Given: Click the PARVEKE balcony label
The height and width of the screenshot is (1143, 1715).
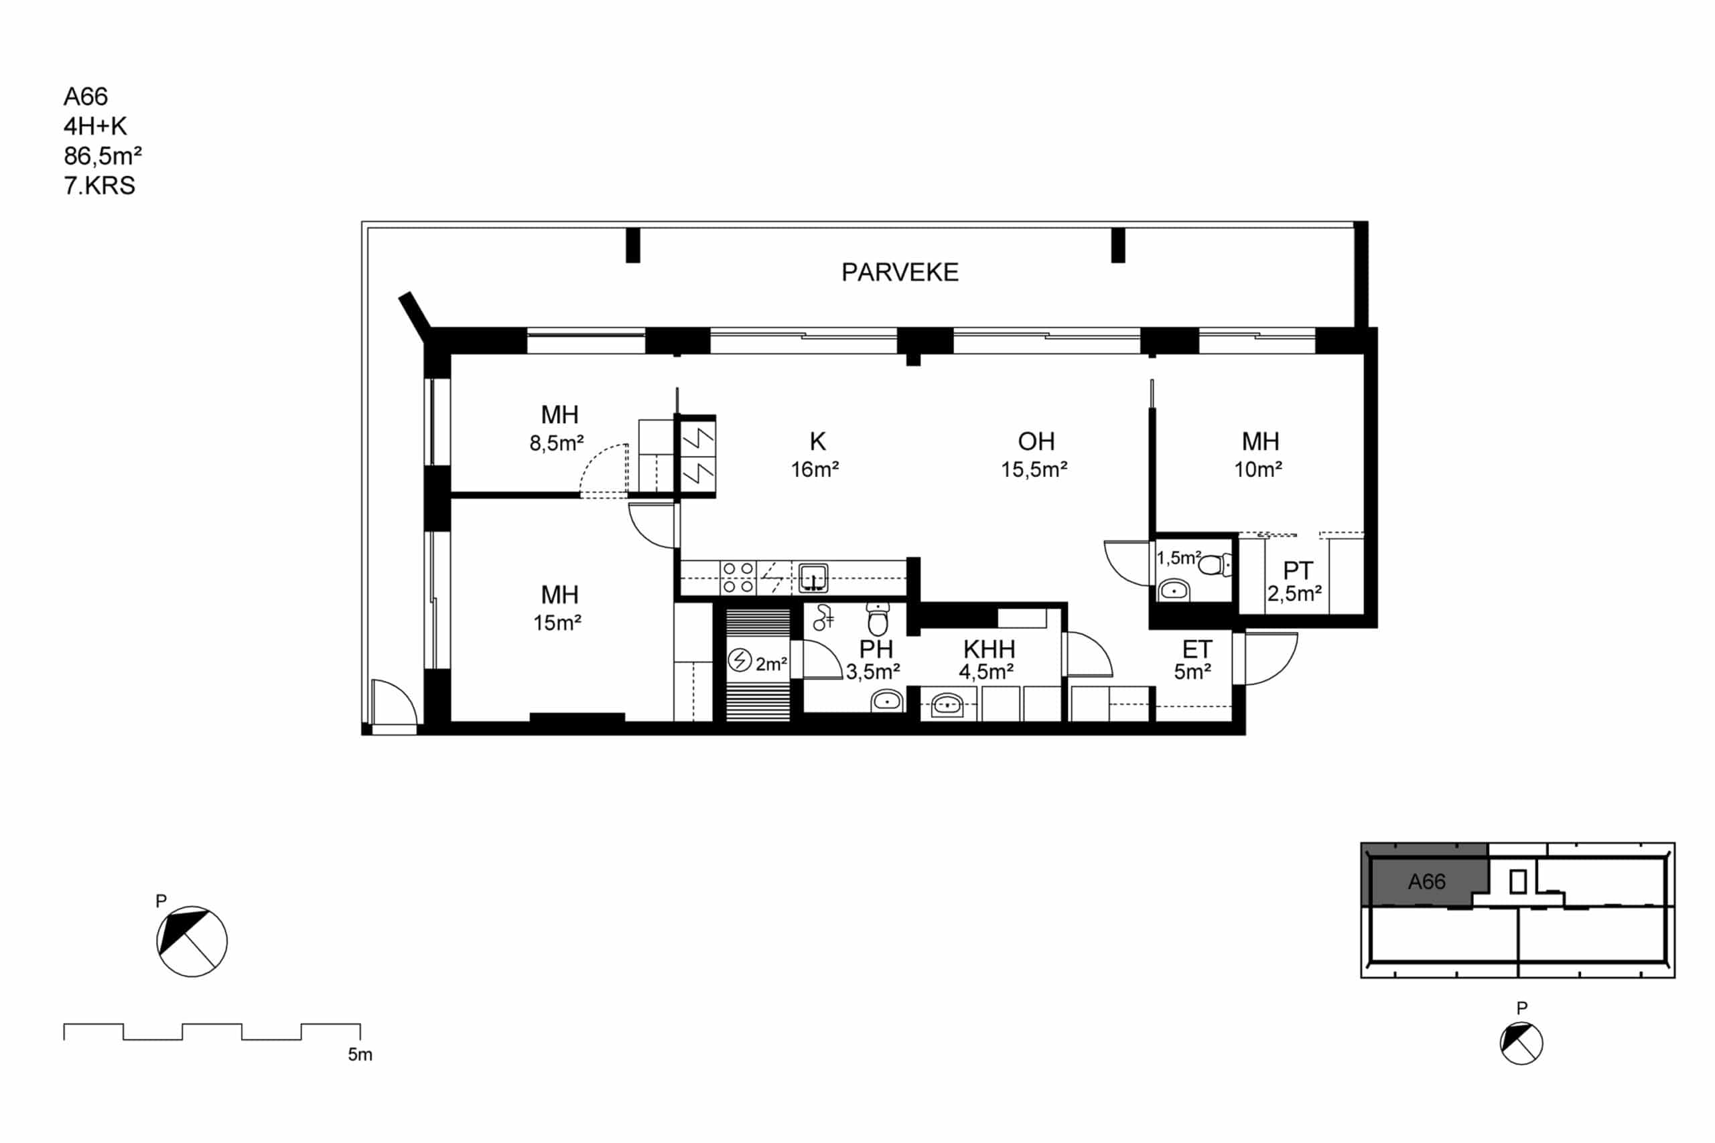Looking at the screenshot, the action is [x=900, y=272].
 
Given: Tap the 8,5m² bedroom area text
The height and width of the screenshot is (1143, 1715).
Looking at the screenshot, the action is [x=556, y=443].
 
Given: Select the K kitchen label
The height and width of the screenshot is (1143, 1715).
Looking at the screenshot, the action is [x=817, y=441].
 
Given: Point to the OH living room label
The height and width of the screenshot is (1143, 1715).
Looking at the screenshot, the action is [x=1036, y=441].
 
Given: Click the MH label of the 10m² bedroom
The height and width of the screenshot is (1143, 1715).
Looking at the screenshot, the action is [x=1261, y=441].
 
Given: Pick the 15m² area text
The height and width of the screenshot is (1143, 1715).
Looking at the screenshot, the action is [x=557, y=623].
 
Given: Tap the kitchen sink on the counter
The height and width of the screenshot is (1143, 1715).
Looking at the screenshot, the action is [x=813, y=577].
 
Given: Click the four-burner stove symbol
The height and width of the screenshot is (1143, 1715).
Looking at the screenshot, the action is [x=738, y=577].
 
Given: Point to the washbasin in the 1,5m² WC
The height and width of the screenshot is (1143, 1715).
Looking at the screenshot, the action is [x=1173, y=590].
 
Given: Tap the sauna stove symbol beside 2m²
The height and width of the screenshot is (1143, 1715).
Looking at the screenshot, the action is [x=740, y=660].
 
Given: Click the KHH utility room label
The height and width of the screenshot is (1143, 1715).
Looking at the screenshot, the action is [x=989, y=649].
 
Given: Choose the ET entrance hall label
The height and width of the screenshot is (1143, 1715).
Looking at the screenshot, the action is [x=1196, y=649].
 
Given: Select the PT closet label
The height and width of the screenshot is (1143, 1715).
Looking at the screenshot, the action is [x=1298, y=570].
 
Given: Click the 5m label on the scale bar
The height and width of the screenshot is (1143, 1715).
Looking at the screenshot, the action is [x=360, y=1054].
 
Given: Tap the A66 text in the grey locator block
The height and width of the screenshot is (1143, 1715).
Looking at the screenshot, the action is [x=1426, y=882].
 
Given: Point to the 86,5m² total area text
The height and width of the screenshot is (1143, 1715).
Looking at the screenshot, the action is [x=102, y=156].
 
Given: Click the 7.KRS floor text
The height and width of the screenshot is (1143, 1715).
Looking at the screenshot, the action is [x=99, y=186].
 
